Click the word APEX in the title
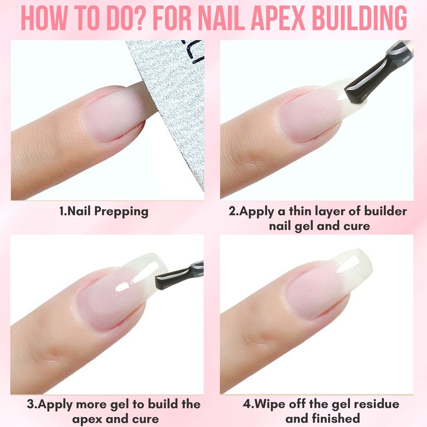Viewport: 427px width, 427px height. click(x=278, y=18)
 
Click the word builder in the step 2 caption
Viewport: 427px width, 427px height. click(x=385, y=211)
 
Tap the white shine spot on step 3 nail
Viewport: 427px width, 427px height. click(x=123, y=287)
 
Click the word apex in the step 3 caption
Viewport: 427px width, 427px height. click(x=86, y=420)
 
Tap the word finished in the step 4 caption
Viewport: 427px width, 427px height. click(x=336, y=418)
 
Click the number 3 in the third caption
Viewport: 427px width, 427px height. click(x=30, y=405)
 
